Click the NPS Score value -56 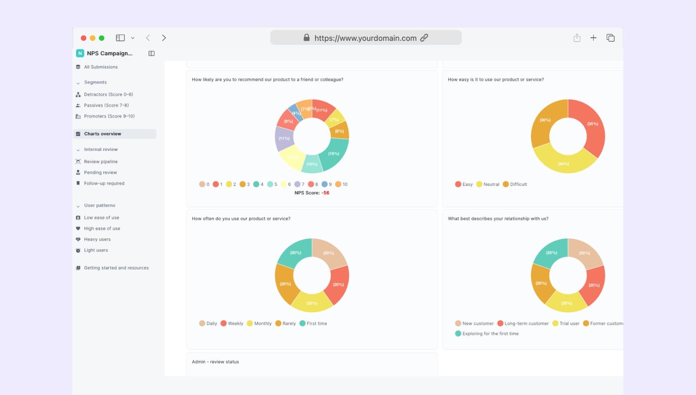click(325, 193)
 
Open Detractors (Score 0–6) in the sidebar click(108, 94)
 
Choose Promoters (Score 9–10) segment click(109, 116)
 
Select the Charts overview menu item click(102, 134)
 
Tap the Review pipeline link click(101, 162)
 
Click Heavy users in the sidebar click(97, 239)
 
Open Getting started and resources click(116, 268)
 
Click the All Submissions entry click(101, 67)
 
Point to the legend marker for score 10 click(338, 184)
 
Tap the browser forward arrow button click(164, 38)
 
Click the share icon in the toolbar click(577, 38)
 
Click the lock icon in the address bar click(307, 38)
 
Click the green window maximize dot click(101, 38)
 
